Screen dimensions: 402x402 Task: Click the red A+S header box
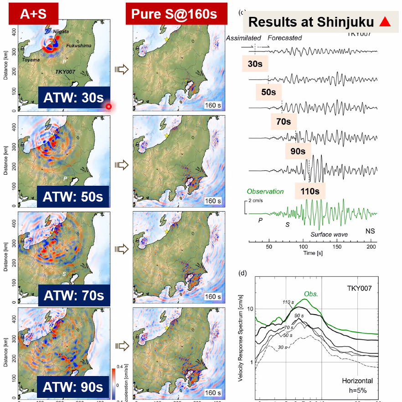pyautogui.click(x=32, y=14)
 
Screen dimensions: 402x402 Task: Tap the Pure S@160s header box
pyautogui.click(x=176, y=14)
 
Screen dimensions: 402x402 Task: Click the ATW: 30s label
pyautogui.click(x=73, y=97)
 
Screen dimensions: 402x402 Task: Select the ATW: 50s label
pyautogui.click(x=73, y=197)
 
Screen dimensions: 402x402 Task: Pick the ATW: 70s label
pyautogui.click(x=73, y=296)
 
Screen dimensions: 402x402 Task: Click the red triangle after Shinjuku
pyautogui.click(x=385, y=21)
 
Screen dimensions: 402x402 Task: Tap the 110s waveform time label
pyautogui.click(x=310, y=192)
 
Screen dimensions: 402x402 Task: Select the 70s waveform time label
pyautogui.click(x=283, y=122)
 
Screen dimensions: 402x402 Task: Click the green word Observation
pyautogui.click(x=265, y=192)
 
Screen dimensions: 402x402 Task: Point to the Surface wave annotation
pyautogui.click(x=330, y=234)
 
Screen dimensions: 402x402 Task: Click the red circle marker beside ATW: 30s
pyautogui.click(x=108, y=107)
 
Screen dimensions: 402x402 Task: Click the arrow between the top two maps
pyautogui.click(x=121, y=69)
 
